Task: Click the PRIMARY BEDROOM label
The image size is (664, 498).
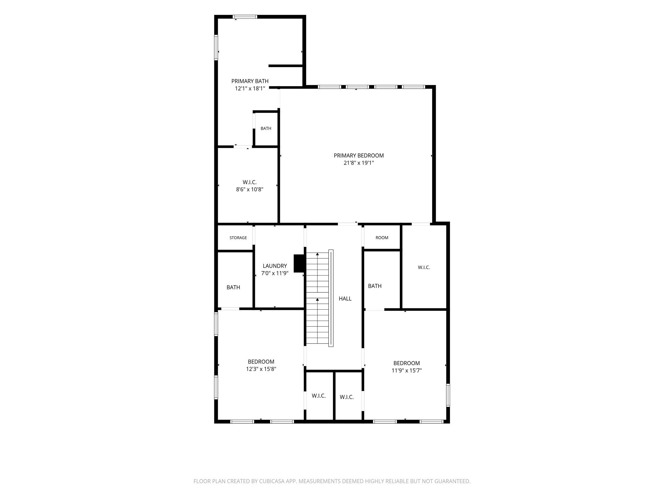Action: pyautogui.click(x=359, y=156)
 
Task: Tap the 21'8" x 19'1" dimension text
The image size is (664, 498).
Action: pyautogui.click(x=359, y=163)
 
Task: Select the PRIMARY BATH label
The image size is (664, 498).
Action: pyautogui.click(x=250, y=81)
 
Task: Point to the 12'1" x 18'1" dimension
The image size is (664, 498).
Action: pyautogui.click(x=250, y=89)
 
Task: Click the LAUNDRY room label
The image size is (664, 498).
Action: pyautogui.click(x=275, y=266)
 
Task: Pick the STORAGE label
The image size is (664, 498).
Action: pyautogui.click(x=238, y=238)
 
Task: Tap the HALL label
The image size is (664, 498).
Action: pyautogui.click(x=345, y=299)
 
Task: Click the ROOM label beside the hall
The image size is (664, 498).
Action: pyautogui.click(x=382, y=238)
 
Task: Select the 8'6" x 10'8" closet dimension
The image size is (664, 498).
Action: pyautogui.click(x=250, y=190)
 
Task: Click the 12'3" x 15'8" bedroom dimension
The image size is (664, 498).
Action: pyautogui.click(x=261, y=369)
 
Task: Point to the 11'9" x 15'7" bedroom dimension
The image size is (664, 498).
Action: pyautogui.click(x=407, y=371)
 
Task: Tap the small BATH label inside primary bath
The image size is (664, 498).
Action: pyautogui.click(x=266, y=128)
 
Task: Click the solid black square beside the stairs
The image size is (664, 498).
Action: pyautogui.click(x=299, y=263)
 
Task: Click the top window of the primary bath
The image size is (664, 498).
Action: pyautogui.click(x=245, y=17)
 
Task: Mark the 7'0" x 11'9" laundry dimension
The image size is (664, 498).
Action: pyautogui.click(x=275, y=273)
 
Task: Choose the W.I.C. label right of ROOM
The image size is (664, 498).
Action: pyautogui.click(x=424, y=267)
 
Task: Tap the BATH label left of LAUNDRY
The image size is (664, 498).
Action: pyautogui.click(x=233, y=287)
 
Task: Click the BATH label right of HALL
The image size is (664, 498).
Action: pyautogui.click(x=375, y=286)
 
